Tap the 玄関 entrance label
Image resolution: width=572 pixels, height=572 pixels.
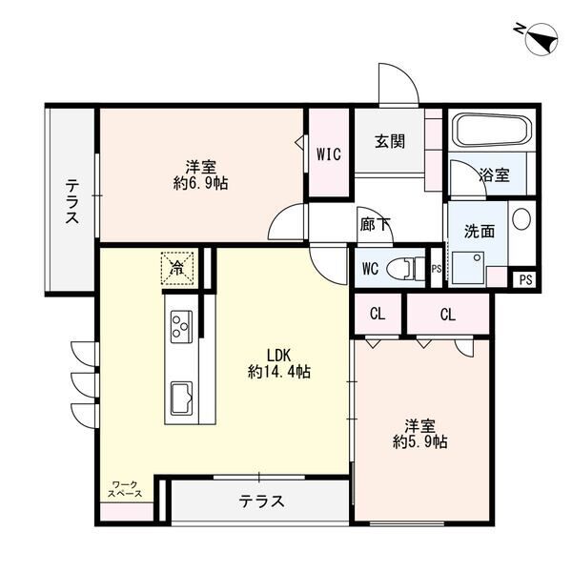click(x=389, y=141)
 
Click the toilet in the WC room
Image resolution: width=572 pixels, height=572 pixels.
click(x=408, y=267)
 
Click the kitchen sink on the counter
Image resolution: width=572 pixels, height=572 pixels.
click(x=180, y=393)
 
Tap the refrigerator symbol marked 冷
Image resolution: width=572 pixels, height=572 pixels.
click(x=176, y=266)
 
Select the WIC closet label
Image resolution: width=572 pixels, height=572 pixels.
click(x=329, y=153)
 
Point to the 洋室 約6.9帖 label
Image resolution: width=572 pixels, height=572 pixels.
click(x=200, y=173)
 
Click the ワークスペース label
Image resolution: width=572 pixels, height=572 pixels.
click(x=125, y=490)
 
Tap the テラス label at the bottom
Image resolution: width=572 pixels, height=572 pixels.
click(x=260, y=500)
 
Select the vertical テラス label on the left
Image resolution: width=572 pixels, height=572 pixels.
click(x=71, y=202)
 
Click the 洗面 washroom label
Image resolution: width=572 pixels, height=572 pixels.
click(x=479, y=230)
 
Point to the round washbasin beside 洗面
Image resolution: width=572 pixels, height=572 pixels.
click(x=521, y=218)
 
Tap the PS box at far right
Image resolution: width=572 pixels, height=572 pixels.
click(x=525, y=279)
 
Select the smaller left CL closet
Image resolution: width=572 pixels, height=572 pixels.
click(x=378, y=314)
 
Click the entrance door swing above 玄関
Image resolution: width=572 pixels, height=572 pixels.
click(x=398, y=86)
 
